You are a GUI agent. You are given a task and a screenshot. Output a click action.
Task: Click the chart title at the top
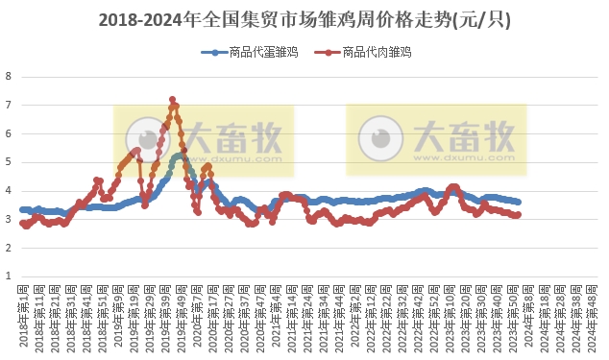[304, 19]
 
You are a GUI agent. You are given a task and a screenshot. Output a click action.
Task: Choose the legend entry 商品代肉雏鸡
[372, 52]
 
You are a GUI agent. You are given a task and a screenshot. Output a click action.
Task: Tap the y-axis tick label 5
[9, 162]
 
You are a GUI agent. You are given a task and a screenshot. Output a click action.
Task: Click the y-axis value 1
[9, 276]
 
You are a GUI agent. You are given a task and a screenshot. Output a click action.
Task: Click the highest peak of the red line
[172, 99]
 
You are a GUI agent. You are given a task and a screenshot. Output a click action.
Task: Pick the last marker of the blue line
[519, 202]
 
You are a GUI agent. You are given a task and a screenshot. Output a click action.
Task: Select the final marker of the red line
[519, 215]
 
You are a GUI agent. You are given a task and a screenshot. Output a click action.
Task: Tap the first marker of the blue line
[22, 209]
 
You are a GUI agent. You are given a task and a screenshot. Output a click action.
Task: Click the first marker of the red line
[22, 223]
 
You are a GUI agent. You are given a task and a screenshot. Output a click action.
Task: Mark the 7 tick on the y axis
[9, 105]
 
